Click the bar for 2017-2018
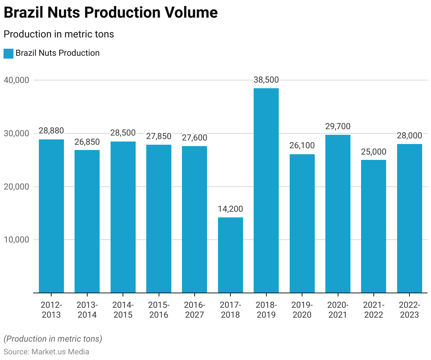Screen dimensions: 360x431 tap(230, 255)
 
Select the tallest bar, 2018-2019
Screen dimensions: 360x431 tap(266, 191)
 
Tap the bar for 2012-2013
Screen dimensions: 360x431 tap(51, 216)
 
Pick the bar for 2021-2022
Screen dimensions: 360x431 tap(373, 226)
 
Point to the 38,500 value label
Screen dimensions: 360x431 tap(266, 80)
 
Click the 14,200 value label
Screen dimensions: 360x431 tap(230, 209)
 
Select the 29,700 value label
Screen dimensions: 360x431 tap(338, 126)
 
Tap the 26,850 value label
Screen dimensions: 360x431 tap(87, 142)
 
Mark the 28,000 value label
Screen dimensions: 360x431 tap(409, 136)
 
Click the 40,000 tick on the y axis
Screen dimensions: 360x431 tap(16, 80)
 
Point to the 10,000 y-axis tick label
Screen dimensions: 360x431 tap(16, 240)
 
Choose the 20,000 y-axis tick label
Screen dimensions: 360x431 tap(16, 187)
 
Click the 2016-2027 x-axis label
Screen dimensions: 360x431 tap(194, 310)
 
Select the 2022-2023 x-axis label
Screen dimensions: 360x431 tap(409, 310)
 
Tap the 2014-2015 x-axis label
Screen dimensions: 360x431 tap(123, 310)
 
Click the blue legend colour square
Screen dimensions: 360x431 tap(8, 54)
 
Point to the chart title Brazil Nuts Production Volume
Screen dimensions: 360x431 tap(111, 13)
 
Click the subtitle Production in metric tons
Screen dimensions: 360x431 tap(59, 34)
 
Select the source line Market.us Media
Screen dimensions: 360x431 tap(46, 352)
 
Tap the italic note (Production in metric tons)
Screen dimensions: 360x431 tap(53, 339)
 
